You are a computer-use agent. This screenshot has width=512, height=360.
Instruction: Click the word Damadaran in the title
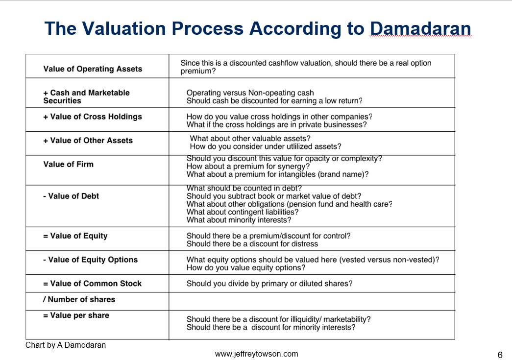(420, 28)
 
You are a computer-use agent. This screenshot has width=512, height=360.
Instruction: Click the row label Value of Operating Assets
(93, 69)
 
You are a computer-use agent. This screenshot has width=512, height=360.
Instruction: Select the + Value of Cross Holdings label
(93, 117)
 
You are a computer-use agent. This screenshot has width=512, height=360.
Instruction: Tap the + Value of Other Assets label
(88, 141)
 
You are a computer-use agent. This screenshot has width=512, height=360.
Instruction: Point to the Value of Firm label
(68, 164)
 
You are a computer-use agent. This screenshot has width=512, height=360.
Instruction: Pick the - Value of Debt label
(71, 196)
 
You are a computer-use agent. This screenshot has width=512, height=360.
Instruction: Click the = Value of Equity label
(75, 236)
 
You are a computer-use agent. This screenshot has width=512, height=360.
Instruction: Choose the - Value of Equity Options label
(91, 260)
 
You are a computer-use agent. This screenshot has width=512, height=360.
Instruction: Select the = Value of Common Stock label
(93, 284)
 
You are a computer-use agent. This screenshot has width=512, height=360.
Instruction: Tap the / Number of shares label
(79, 300)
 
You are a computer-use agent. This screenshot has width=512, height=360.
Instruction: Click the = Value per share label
(76, 315)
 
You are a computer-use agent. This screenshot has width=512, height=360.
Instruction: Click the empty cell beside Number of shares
(312, 301)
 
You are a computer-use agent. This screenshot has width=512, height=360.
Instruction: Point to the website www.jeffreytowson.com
(256, 354)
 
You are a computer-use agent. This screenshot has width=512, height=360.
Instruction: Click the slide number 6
(500, 355)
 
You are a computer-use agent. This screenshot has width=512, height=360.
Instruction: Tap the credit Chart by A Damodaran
(66, 345)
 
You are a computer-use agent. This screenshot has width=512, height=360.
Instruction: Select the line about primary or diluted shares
(269, 284)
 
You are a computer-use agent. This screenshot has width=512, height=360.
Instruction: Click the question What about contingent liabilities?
(243, 212)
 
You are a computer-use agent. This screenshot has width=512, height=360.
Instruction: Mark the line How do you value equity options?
(246, 268)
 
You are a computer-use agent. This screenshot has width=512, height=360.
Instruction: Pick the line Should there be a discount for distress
(252, 244)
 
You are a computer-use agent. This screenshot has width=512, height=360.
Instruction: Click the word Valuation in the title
(124, 28)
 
